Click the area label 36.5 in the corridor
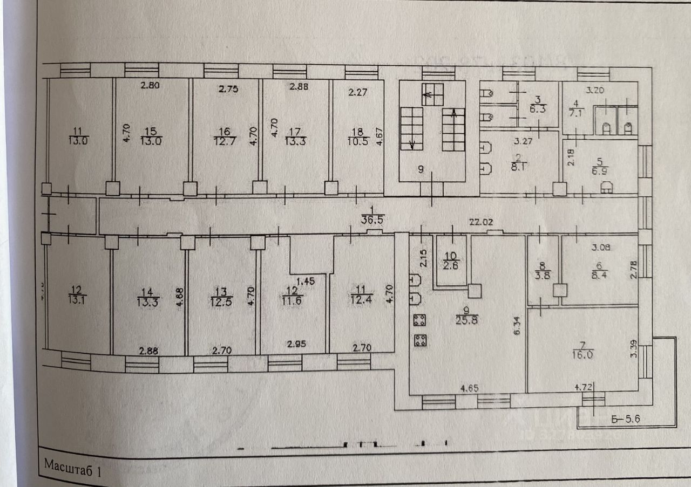[x=371, y=219]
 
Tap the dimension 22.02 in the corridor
[x=479, y=222]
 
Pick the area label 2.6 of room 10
[x=451, y=265]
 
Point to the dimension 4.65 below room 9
[x=469, y=387]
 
